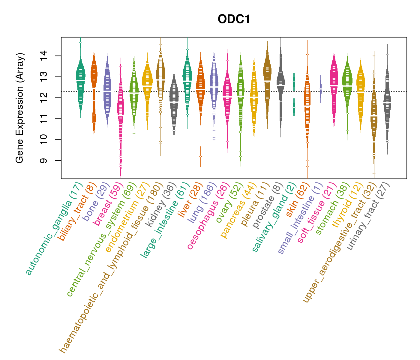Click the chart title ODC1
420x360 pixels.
point(234,19)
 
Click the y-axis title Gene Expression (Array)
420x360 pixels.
point(20,108)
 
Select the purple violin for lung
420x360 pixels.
point(214,87)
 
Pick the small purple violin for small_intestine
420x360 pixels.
point(320,88)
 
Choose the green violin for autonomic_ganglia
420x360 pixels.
point(80,81)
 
